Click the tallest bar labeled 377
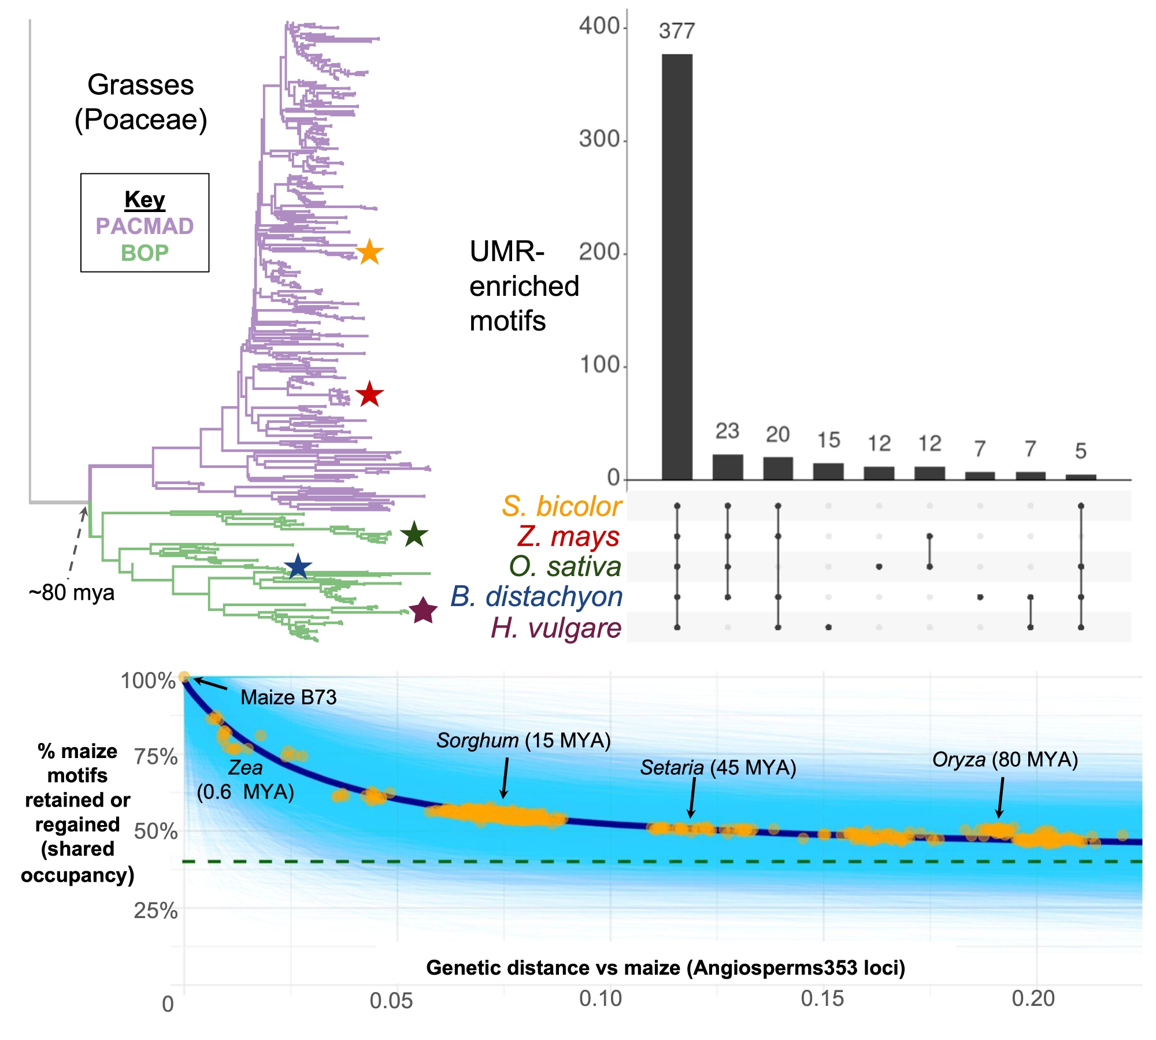pos(677,266)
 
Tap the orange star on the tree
pos(369,252)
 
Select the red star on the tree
pos(369,395)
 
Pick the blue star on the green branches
pos(298,566)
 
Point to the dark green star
pos(414,534)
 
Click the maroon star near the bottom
pos(423,610)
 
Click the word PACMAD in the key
pos(144,226)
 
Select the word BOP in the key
pos(144,253)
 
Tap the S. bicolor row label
pos(561,506)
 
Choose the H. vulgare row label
pos(556,628)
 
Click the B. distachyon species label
pos(536,597)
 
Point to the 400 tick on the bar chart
pos(599,26)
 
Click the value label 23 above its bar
pos(727,431)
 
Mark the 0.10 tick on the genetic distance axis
pos(601,998)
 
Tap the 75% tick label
pos(155,757)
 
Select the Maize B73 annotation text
pos(288,697)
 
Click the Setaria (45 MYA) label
pos(718,767)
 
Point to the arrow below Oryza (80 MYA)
pos(1001,797)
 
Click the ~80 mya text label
pos(72,593)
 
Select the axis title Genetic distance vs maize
pos(665,967)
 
